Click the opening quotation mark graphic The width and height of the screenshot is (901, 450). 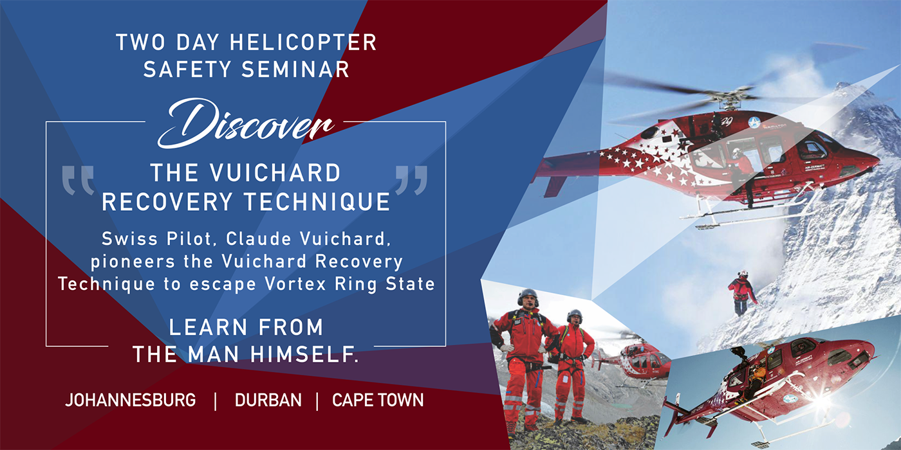pos(78,179)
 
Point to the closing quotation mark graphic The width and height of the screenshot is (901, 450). pos(411,179)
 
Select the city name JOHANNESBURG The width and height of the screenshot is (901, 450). pos(130,401)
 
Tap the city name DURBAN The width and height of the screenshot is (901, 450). pos(268,401)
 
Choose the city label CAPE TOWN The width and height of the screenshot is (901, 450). pos(378,401)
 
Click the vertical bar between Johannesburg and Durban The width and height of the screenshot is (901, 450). pos(216,401)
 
